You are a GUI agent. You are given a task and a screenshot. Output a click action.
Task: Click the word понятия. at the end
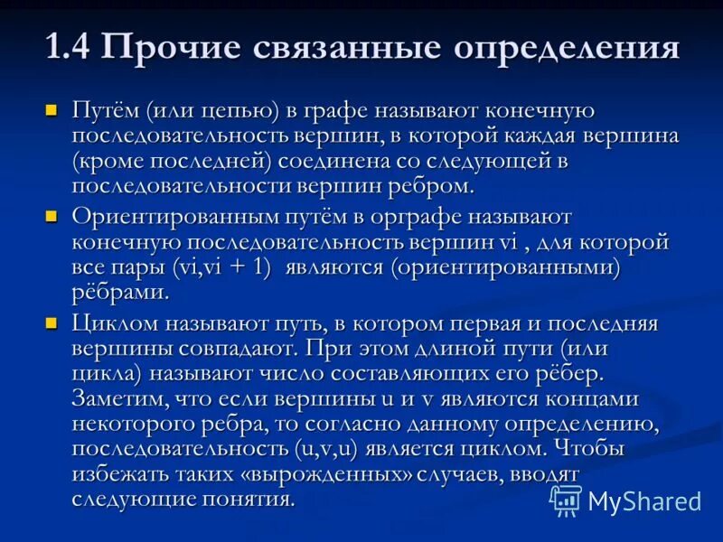248,499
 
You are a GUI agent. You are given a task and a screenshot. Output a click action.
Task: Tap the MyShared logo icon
566,500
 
